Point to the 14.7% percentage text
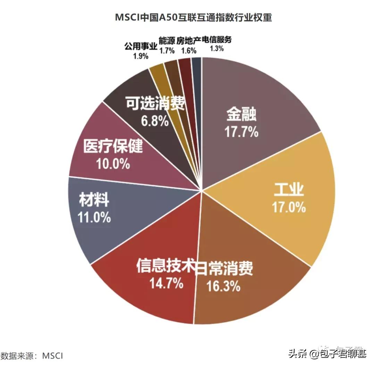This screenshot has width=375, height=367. [166, 284]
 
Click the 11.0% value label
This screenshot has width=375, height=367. [94, 218]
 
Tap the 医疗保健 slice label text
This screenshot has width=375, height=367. [113, 147]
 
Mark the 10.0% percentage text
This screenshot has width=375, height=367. [113, 163]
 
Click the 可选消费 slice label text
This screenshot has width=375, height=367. [155, 103]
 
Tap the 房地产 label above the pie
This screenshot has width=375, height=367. [189, 41]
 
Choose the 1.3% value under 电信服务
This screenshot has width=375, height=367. [217, 49]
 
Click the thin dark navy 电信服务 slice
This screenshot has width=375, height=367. [197, 66]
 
